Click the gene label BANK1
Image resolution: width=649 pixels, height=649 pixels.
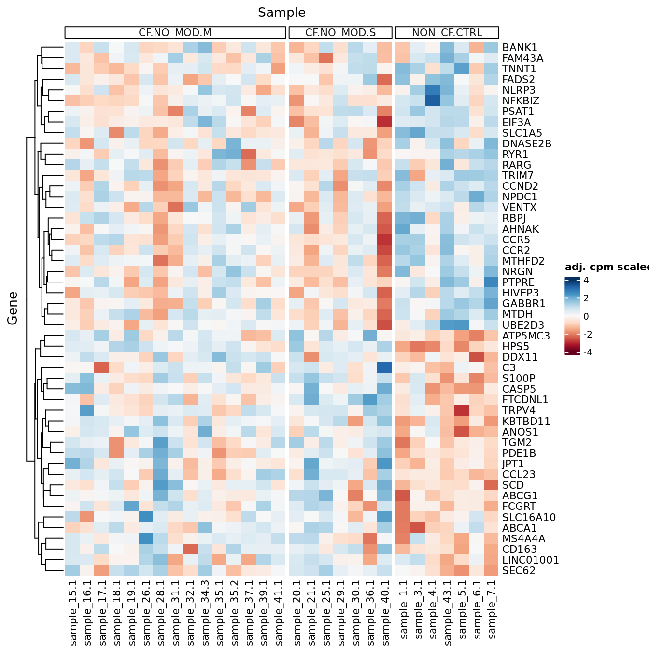(520, 47)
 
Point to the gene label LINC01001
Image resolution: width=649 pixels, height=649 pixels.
(530, 560)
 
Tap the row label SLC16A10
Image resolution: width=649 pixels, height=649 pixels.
(529, 517)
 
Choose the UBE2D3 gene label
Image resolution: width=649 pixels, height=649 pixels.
(523, 325)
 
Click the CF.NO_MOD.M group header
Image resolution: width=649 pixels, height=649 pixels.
(175, 33)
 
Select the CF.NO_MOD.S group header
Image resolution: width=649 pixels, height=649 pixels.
(340, 33)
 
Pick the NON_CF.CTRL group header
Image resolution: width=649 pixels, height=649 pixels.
(447, 33)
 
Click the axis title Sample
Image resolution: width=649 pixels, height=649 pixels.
(282, 13)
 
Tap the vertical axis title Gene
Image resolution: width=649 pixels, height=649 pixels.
(13, 308)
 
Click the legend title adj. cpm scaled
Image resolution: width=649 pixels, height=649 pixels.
(607, 267)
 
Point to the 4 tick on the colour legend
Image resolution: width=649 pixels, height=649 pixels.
(586, 281)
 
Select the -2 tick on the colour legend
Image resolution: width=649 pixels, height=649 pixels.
(587, 334)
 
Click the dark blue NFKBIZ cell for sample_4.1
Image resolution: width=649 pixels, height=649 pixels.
(433, 100)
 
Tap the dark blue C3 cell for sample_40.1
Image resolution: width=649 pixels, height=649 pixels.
(385, 367)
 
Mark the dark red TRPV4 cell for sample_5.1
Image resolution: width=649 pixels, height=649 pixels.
(462, 410)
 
